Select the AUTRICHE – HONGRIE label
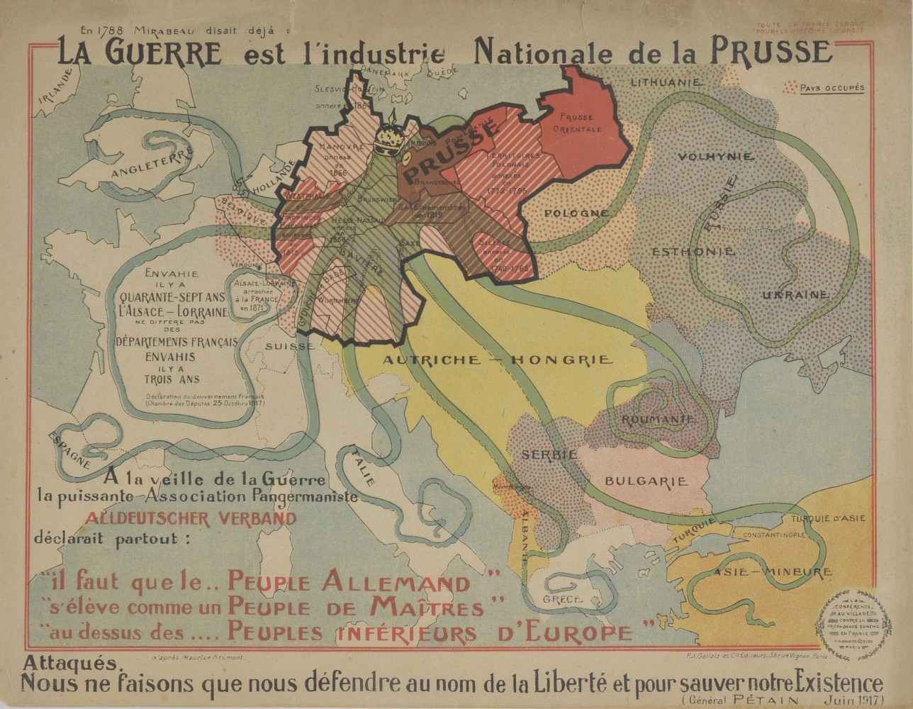497,360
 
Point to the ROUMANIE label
657,420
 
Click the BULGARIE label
646,481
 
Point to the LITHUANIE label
666,83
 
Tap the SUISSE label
291,346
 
